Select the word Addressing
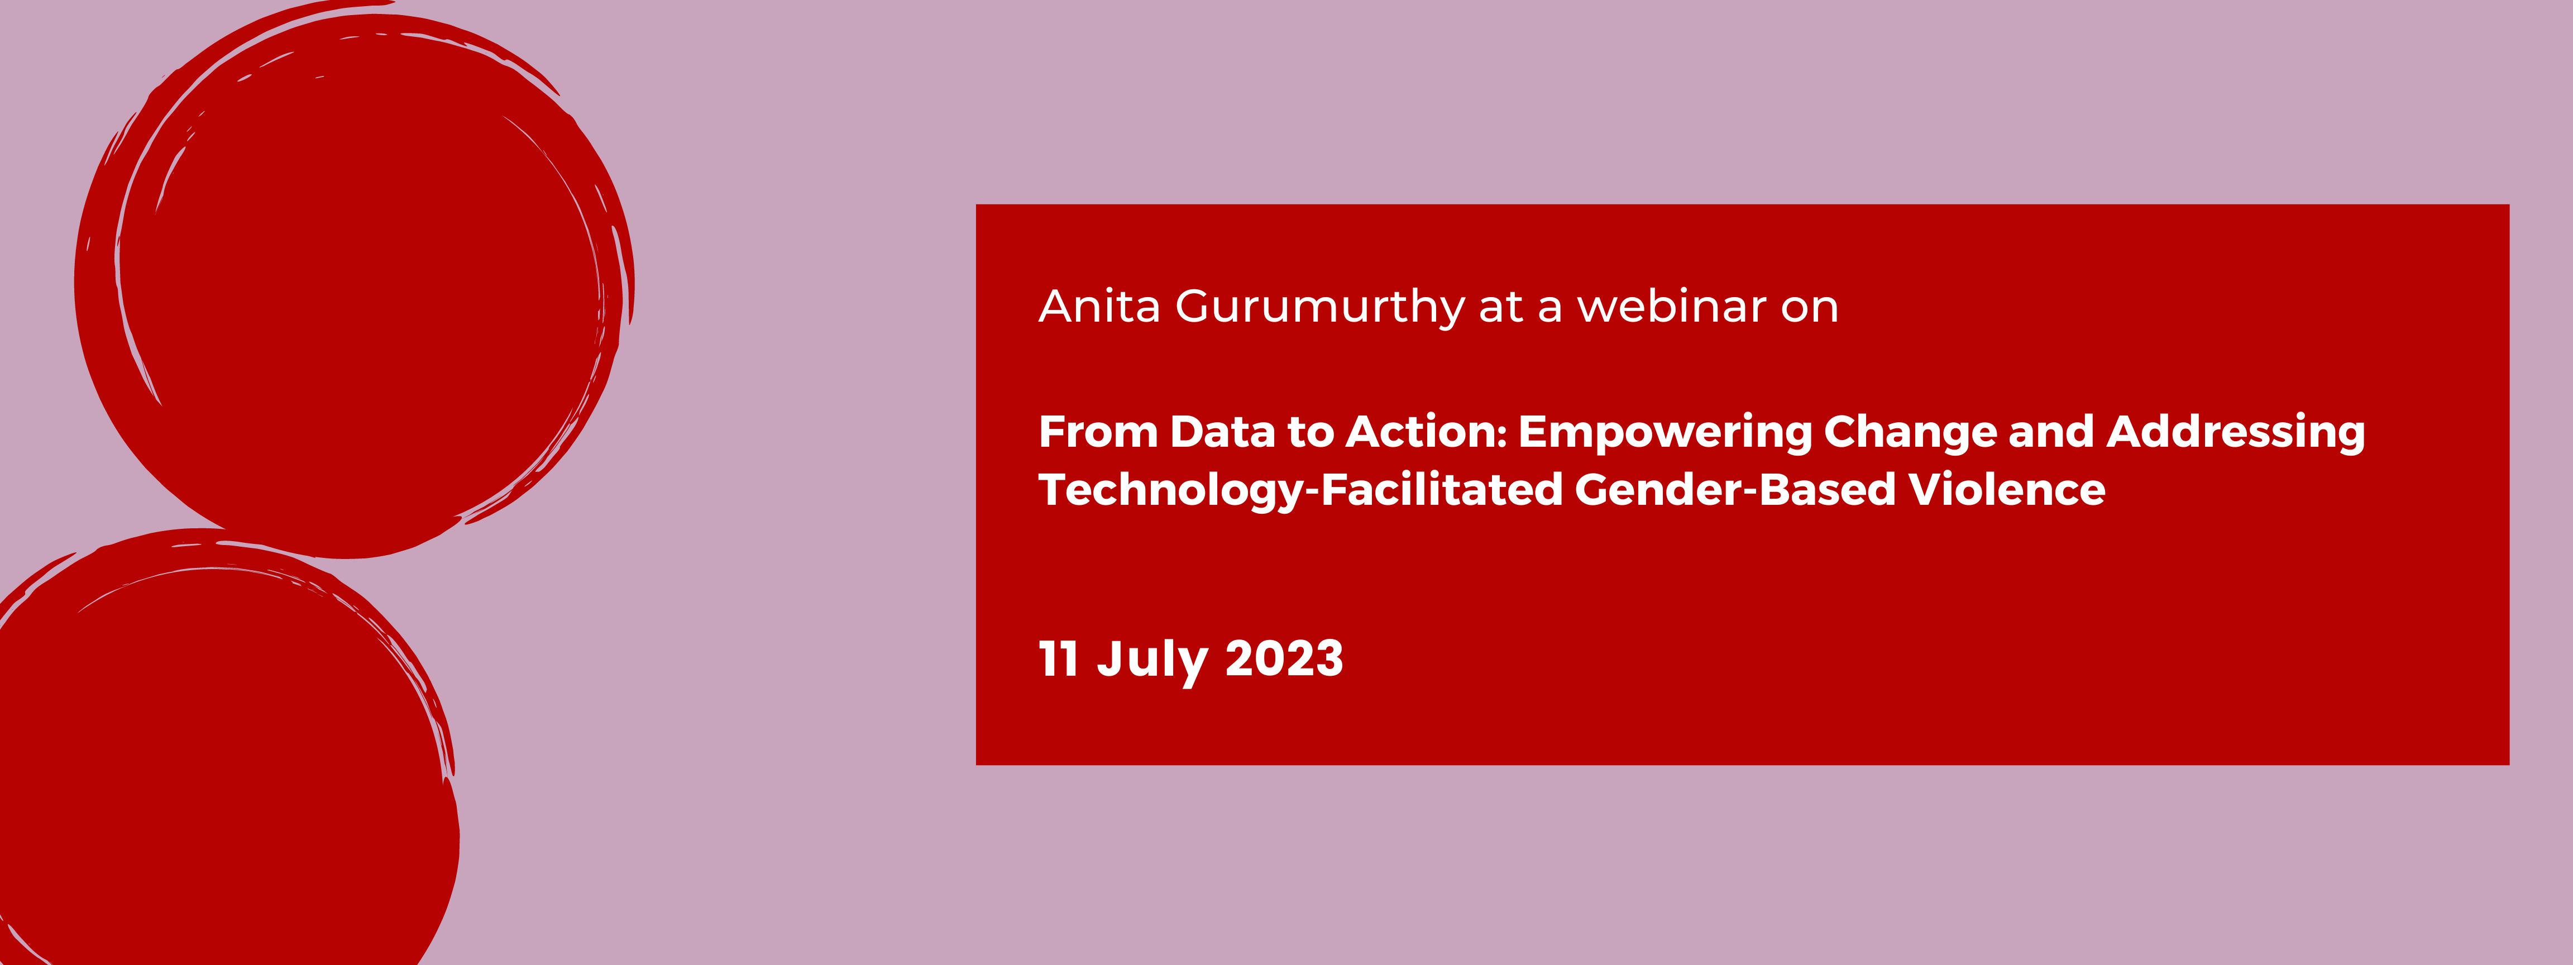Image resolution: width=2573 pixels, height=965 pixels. tap(2235, 433)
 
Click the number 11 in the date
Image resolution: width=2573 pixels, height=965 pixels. tap(1058, 660)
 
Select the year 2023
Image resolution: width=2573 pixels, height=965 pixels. tap(1284, 660)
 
